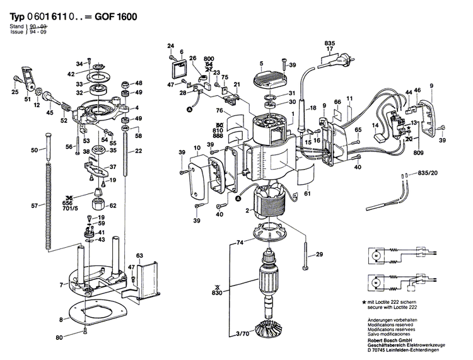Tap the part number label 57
coord(34,206)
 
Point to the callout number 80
coord(59,338)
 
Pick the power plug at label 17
coord(331,60)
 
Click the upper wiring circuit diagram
coord(395,257)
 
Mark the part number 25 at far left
coord(15,93)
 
